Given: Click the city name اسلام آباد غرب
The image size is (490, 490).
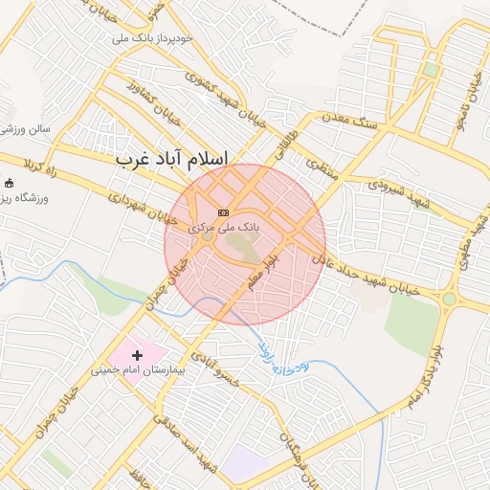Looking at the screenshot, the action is tap(172, 158).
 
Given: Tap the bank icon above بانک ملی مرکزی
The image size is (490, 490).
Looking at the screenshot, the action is tap(224, 212).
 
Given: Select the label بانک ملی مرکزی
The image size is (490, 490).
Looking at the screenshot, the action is tap(224, 228).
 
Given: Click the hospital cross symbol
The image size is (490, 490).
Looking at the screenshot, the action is tap(137, 355).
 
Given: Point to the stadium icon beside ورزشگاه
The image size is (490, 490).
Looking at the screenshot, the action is tap(10, 184).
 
